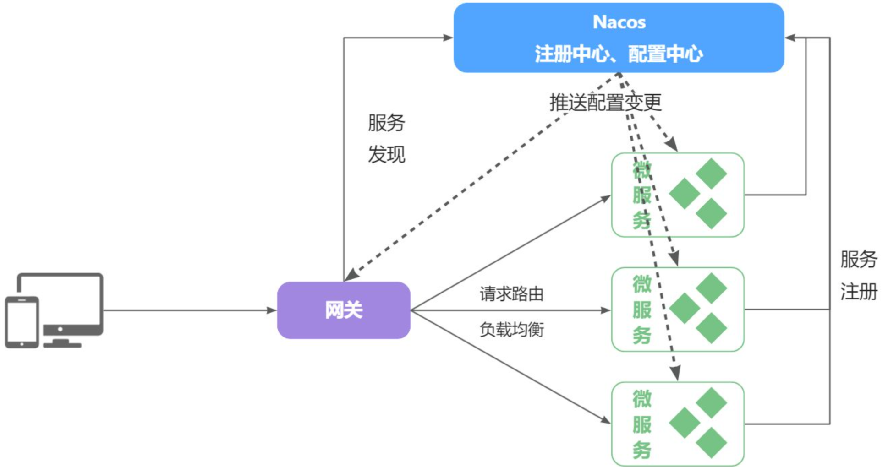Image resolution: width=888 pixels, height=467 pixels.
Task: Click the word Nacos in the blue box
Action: click(x=619, y=22)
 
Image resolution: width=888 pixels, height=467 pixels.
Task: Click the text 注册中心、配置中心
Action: click(x=619, y=54)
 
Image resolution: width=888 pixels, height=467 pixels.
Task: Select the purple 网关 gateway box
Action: click(x=344, y=310)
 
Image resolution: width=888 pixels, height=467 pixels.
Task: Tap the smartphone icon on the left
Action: click(x=22, y=322)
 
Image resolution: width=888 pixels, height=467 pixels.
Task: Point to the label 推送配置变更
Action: click(x=605, y=102)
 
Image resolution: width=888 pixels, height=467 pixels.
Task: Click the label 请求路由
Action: click(x=511, y=294)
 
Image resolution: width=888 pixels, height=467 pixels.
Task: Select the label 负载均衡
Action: click(x=511, y=329)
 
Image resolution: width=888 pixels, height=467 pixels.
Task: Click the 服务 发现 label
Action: click(x=386, y=138)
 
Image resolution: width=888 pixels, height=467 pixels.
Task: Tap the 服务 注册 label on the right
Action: click(x=859, y=275)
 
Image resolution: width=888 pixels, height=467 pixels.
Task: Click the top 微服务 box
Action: click(x=677, y=195)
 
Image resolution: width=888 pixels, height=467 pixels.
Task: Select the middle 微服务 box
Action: click(x=677, y=310)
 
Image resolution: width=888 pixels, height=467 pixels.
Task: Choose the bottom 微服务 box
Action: click(x=677, y=424)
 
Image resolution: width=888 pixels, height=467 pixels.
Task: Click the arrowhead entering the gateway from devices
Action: click(x=272, y=310)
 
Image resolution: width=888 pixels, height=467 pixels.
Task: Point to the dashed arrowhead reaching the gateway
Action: click(x=351, y=275)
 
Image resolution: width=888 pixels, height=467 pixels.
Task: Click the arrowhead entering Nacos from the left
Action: click(x=448, y=38)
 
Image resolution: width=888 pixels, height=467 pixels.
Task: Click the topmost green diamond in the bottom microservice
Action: click(x=711, y=402)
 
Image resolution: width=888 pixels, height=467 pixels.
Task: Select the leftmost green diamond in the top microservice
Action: click(x=684, y=194)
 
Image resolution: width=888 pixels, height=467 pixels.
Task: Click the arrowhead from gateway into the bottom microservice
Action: click(x=605, y=420)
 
